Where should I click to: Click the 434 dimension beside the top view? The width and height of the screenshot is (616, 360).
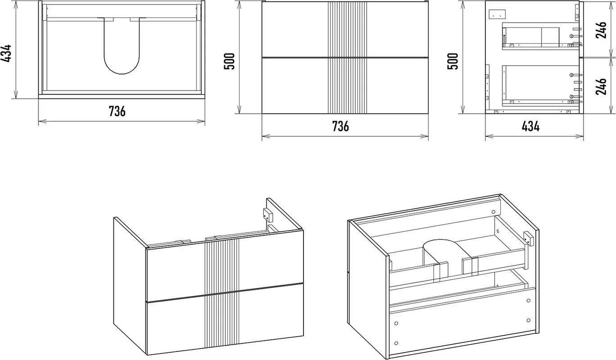(6, 53)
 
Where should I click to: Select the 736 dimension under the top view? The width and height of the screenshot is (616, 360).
(117, 111)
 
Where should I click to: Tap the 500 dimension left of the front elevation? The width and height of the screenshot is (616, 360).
(229, 61)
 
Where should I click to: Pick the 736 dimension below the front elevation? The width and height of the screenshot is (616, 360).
(340, 126)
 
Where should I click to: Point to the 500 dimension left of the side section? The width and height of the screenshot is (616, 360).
(453, 61)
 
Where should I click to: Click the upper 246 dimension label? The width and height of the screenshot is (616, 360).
(601, 30)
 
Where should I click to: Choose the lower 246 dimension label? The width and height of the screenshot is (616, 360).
(601, 86)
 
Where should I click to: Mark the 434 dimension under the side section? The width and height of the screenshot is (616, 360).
(530, 126)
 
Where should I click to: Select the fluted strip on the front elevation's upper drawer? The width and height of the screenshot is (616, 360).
(348, 29)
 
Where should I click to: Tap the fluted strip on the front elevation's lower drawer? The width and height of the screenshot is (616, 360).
(348, 86)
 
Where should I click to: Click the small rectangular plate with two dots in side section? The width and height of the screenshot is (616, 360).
(497, 14)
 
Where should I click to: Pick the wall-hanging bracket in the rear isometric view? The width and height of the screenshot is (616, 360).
(528, 238)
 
